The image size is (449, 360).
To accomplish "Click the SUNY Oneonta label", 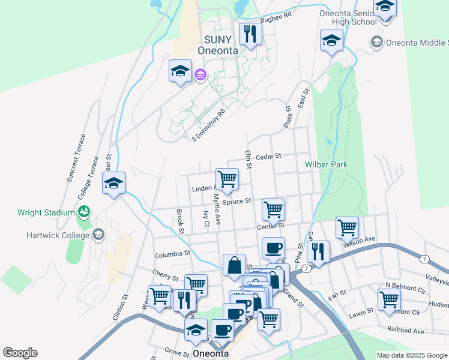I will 221,45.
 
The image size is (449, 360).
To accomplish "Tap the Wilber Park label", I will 326,164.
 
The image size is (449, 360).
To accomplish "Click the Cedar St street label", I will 268,157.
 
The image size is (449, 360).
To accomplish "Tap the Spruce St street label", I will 236,202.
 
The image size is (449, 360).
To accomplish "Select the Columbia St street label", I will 172,254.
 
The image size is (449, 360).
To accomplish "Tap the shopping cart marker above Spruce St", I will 227,179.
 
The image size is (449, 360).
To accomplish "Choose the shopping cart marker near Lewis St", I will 389,299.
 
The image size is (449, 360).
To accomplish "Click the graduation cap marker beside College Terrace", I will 113,184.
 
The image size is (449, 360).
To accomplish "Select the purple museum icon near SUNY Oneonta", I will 200,75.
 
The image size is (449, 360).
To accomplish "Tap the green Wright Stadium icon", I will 83,212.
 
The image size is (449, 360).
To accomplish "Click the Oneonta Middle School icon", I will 376,42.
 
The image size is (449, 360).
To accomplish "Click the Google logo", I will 20,353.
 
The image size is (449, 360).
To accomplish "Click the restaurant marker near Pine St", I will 318,251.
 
